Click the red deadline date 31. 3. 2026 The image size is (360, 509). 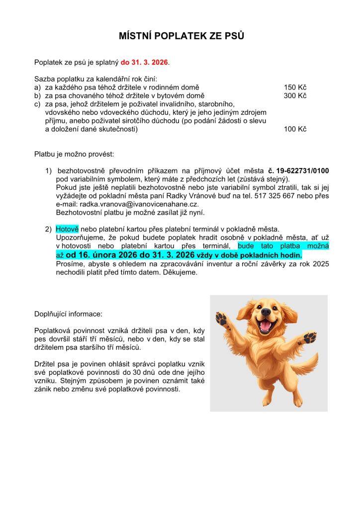pyautogui.click(x=151, y=63)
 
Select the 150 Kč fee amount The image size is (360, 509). pyautogui.click(x=295, y=87)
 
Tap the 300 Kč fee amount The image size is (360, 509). pyautogui.click(x=295, y=95)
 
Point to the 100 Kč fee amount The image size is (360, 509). pyautogui.click(x=295, y=129)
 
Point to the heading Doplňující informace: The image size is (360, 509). pyautogui.click(x=68, y=314)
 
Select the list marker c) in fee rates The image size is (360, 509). pyautogui.click(x=37, y=104)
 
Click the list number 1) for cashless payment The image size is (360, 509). pyautogui.click(x=49, y=171)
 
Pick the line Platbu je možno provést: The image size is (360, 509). pyautogui.click(x=74, y=154)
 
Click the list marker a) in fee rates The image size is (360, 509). pyautogui.click(x=37, y=87)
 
